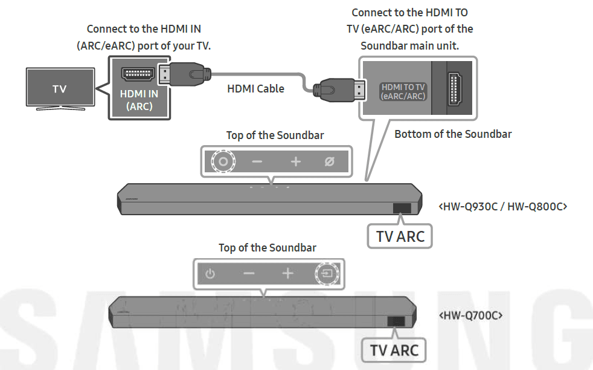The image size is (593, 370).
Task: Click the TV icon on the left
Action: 59,89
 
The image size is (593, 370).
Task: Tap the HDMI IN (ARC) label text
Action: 139,100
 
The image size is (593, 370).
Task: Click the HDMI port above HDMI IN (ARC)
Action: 138,74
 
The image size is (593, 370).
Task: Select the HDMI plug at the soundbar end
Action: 338,91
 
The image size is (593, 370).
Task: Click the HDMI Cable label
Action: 255,88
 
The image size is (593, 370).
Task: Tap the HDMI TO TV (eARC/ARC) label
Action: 403,92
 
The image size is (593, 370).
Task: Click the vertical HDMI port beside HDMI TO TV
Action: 454,89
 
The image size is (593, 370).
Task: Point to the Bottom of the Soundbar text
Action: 452,134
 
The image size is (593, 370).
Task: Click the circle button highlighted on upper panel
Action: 223,161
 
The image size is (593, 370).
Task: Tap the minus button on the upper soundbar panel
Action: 257,162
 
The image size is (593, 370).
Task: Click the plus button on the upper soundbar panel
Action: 295,162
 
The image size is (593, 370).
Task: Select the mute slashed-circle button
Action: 329,162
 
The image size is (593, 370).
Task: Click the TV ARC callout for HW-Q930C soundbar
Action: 400,236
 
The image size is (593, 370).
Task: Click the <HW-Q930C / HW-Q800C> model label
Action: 502,207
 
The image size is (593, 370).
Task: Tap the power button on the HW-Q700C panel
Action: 210,274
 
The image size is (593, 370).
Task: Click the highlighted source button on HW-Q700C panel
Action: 327,274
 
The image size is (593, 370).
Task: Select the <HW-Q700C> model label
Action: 470,316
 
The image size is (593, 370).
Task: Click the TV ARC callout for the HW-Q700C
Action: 394,350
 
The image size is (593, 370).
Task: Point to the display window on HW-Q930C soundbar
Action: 402,208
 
